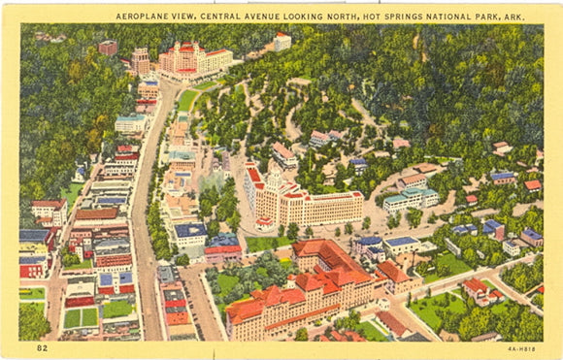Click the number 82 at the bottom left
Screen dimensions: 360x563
click(x=42, y=346)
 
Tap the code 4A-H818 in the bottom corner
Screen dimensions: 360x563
click(x=520, y=346)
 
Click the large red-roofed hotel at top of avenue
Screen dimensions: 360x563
click(x=193, y=60)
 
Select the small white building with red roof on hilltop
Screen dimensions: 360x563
click(x=281, y=41)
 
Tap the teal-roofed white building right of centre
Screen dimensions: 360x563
click(x=411, y=199)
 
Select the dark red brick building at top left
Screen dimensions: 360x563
click(x=108, y=47)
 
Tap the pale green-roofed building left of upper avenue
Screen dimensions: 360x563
click(x=130, y=123)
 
